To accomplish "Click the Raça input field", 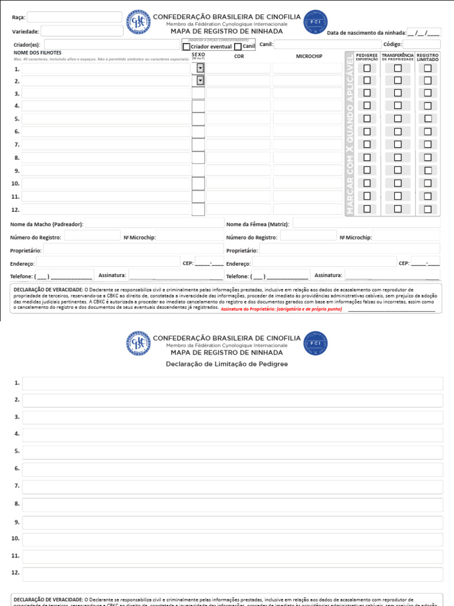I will click(73, 17).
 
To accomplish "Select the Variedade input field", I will click(82, 31).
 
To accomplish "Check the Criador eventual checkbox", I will click(187, 47).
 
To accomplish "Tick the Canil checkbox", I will click(238, 47).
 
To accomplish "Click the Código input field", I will click(421, 44).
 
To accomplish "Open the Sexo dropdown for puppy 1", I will click(200, 68).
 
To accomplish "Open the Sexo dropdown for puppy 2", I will click(200, 80).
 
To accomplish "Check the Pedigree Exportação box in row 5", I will click(367, 118).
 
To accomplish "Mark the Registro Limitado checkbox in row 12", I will click(427, 209).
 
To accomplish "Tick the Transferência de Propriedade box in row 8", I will click(398, 157).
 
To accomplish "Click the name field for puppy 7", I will click(106, 145).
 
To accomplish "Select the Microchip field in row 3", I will click(307, 94).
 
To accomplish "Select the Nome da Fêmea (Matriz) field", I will click(367, 224).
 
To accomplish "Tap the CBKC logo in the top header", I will click(138, 22).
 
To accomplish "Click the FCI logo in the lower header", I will click(315, 343).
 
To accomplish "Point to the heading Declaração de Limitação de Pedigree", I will click(227, 364).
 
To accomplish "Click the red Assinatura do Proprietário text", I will click(281, 309).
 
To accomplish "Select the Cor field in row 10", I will click(238, 183).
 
